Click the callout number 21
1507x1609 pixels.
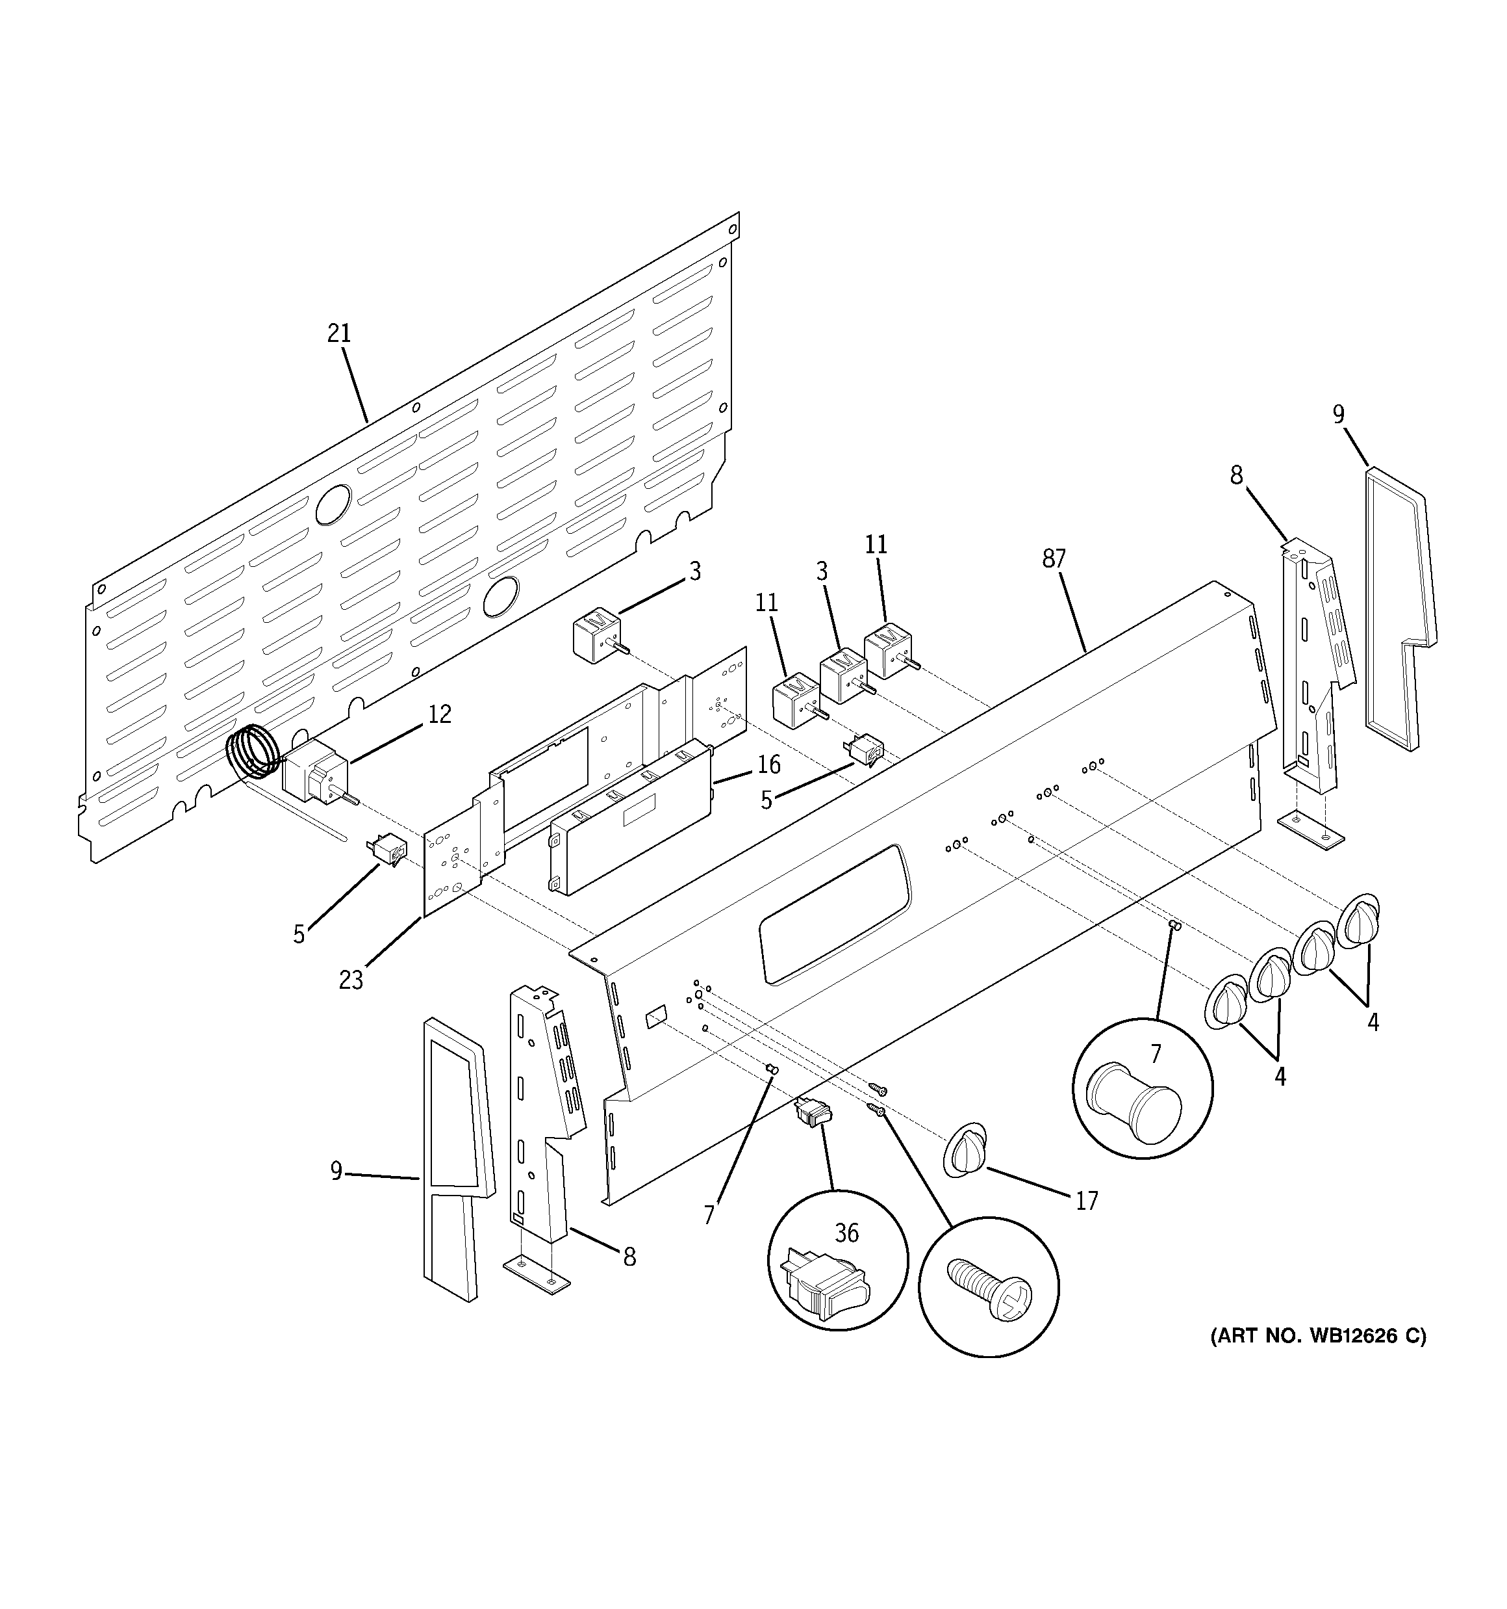(339, 334)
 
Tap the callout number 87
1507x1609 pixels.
(1053, 558)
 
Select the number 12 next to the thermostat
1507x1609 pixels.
(439, 714)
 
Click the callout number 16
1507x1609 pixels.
(768, 764)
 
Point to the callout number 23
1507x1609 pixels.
(350, 980)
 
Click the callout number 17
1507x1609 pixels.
(1086, 1200)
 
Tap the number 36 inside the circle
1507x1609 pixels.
(846, 1233)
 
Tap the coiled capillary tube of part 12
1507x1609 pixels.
(253, 751)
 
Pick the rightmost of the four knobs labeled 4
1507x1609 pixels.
(1359, 921)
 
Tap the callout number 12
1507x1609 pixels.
(439, 714)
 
